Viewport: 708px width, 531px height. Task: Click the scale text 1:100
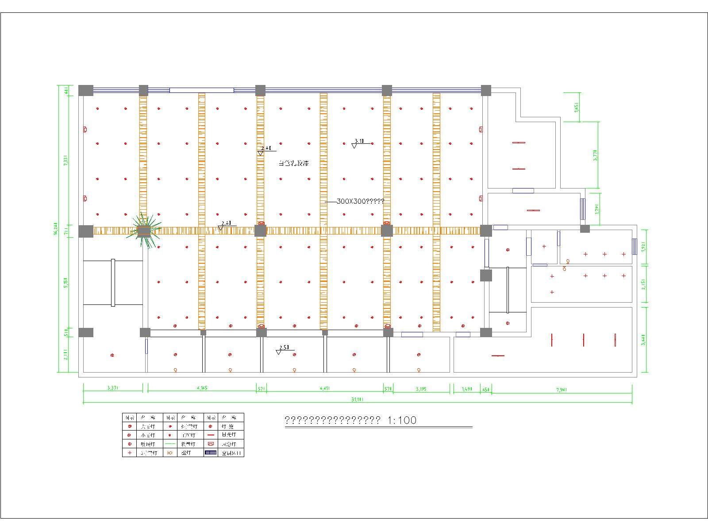[402, 420]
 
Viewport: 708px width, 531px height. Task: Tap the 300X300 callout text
[360, 201]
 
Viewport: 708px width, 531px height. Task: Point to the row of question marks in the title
[332, 420]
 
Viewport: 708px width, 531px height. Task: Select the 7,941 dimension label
[562, 389]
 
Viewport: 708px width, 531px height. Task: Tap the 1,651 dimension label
[577, 107]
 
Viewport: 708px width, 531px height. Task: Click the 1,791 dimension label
[597, 208]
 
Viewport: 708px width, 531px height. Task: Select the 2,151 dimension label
[644, 284]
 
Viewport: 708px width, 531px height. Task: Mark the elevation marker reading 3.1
[358, 142]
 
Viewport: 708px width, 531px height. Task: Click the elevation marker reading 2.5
[283, 349]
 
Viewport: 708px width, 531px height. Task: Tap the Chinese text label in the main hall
[293, 163]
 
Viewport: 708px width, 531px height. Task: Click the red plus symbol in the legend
[129, 453]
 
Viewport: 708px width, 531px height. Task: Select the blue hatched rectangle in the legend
[211, 453]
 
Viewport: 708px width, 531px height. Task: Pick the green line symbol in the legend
[170, 444]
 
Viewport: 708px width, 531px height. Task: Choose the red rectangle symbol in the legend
[211, 444]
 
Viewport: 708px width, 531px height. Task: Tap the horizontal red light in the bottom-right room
[498, 355]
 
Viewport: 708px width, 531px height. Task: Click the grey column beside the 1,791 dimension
[585, 229]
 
